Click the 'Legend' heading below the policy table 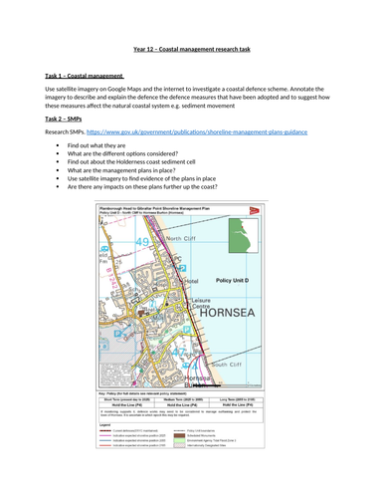[x=104, y=423]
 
